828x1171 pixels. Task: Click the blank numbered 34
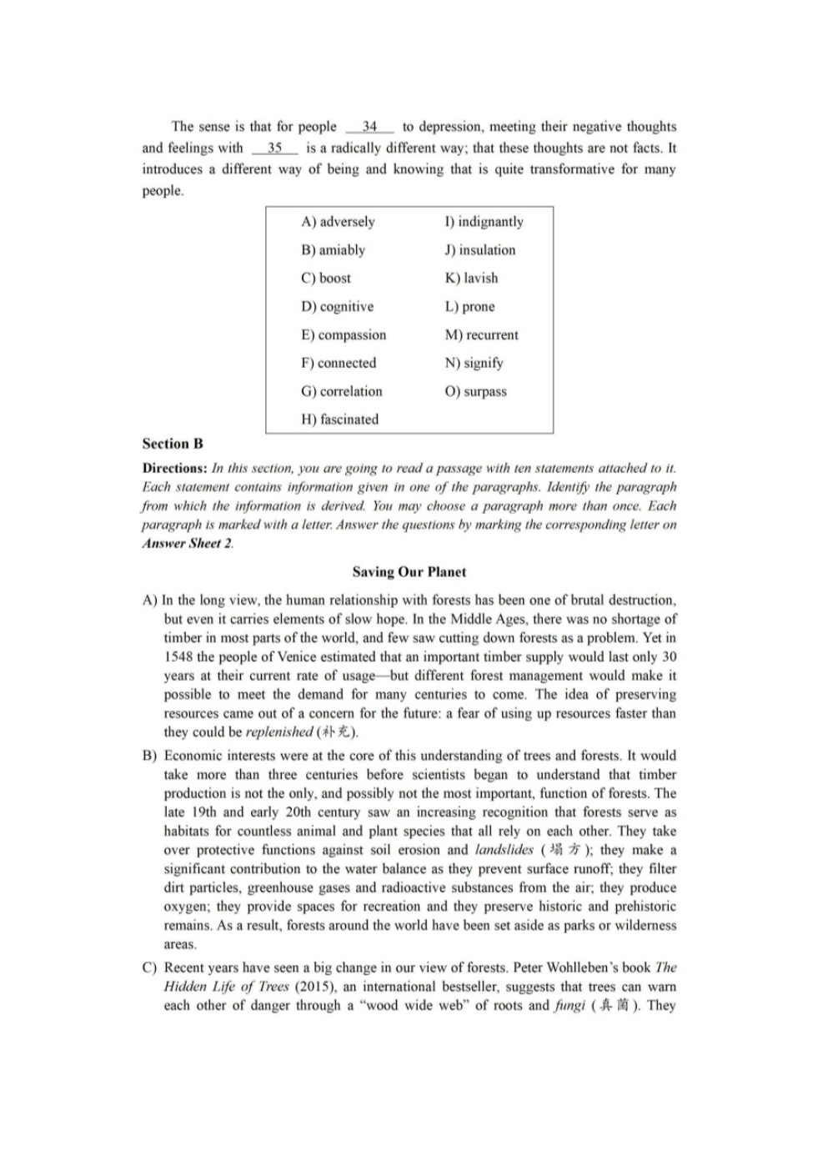click(x=369, y=128)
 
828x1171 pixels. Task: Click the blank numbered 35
click(x=274, y=148)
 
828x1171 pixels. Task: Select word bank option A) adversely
click(x=338, y=222)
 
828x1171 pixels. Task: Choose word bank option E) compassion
click(x=344, y=335)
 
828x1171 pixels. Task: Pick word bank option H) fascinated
click(x=339, y=420)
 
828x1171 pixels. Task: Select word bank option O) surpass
click(x=475, y=392)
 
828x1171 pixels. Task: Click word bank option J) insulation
click(x=479, y=250)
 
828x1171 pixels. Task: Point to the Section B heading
click(x=173, y=444)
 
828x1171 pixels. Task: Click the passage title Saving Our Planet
click(x=409, y=572)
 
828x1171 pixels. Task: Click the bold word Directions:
click(x=174, y=469)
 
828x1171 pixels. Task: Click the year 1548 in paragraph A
click(x=178, y=657)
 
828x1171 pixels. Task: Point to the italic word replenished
click(x=279, y=732)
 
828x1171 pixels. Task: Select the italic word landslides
click(x=504, y=851)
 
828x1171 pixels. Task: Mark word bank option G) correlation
click(x=341, y=392)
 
